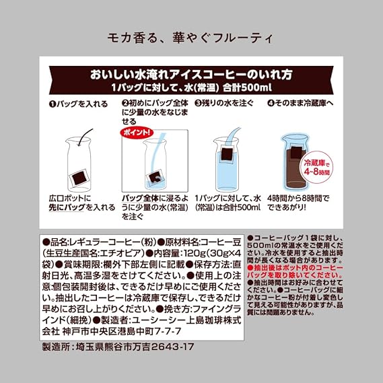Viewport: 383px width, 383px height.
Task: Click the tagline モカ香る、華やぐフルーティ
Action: click(x=190, y=38)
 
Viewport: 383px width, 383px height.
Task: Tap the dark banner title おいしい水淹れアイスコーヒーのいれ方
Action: click(x=191, y=74)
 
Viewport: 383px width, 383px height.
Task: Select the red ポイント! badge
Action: click(x=137, y=133)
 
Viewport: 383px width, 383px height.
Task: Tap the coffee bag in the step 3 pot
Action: click(x=227, y=155)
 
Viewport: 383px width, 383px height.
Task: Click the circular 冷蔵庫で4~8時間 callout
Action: click(x=317, y=167)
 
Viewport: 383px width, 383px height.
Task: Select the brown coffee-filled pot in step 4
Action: click(x=294, y=163)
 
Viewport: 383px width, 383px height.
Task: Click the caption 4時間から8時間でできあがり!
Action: click(x=298, y=203)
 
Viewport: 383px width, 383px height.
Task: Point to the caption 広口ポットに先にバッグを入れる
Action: click(x=82, y=203)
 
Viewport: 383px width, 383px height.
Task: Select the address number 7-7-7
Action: click(x=168, y=331)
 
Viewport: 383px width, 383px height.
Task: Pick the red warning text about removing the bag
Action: click(x=295, y=271)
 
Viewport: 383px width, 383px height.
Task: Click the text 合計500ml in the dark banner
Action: click(x=247, y=88)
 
